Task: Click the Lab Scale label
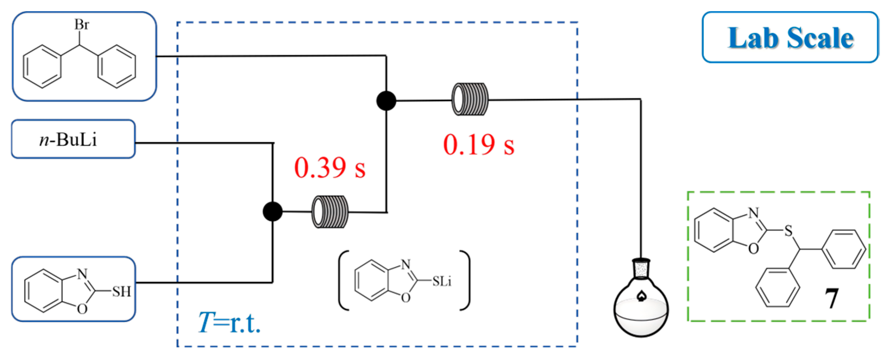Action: [790, 38]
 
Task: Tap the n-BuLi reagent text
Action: [68, 140]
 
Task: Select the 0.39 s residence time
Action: [330, 168]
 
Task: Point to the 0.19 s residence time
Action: [478, 145]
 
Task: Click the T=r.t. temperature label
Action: [229, 323]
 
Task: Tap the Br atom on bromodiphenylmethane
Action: [82, 25]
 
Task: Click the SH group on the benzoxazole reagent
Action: [121, 292]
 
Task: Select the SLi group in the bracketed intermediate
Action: [441, 281]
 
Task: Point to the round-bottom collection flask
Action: [640, 310]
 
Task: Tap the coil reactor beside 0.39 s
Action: [330, 212]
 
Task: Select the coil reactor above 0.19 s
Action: [470, 99]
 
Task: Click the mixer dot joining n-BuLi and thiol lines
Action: [273, 211]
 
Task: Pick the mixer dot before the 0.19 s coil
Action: [386, 101]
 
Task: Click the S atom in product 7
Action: [789, 231]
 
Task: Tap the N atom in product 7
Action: [753, 213]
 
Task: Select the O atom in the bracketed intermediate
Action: [406, 297]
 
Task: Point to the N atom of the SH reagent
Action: [82, 273]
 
